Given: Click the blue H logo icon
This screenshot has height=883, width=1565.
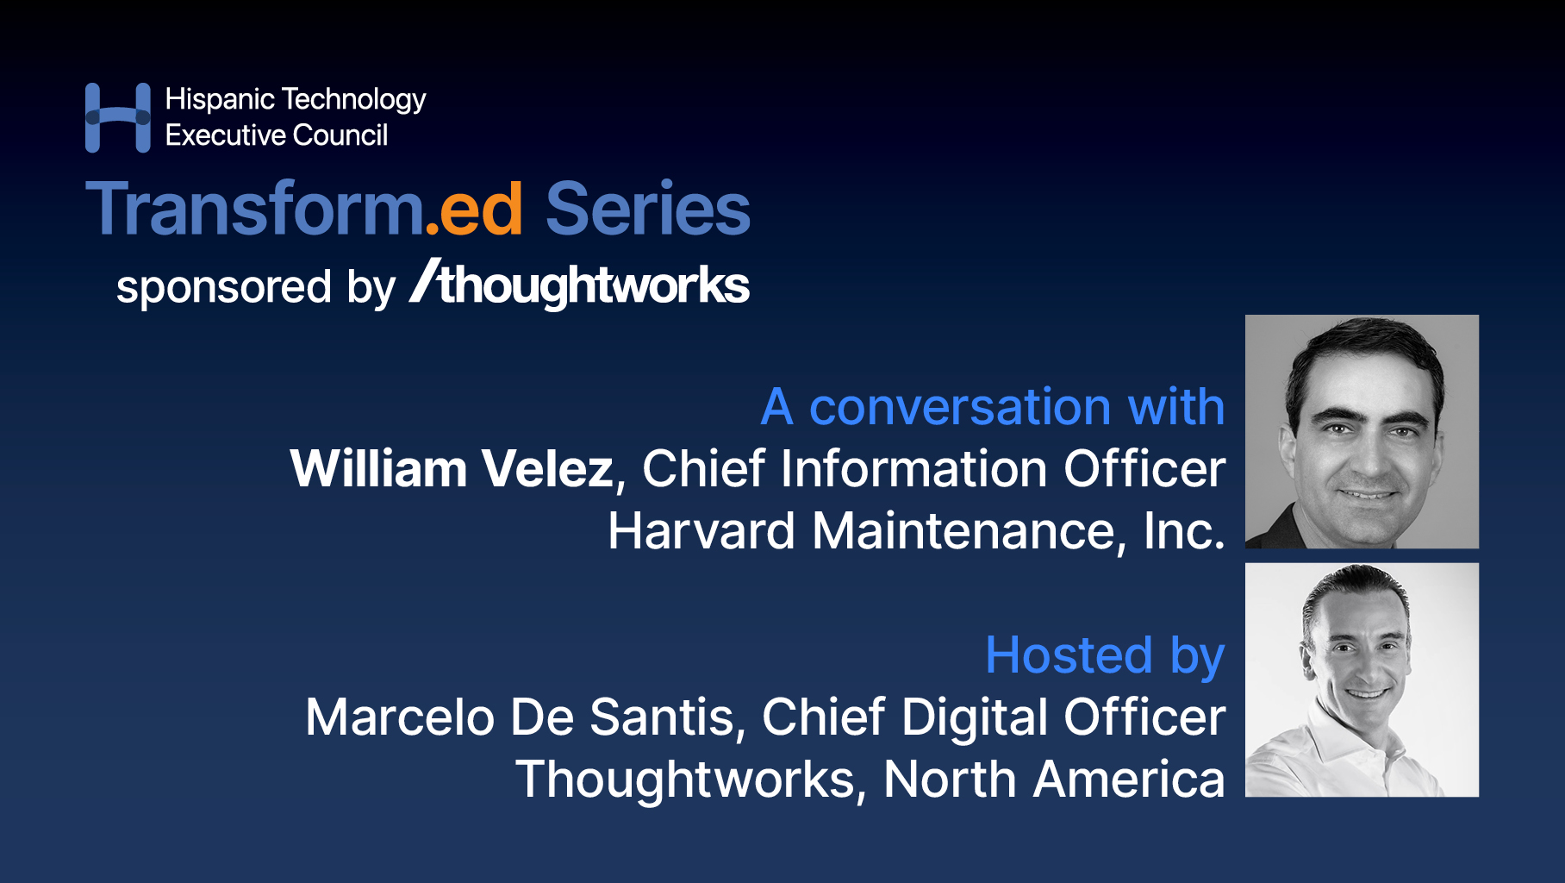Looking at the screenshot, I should (118, 117).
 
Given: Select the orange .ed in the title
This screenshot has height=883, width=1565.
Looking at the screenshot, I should (475, 210).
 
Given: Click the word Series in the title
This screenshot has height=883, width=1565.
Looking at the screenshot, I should (648, 210).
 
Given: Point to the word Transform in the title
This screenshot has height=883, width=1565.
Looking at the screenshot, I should (254, 210).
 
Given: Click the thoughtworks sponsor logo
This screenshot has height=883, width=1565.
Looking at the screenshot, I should (581, 284).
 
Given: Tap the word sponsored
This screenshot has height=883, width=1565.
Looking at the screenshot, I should (224, 287).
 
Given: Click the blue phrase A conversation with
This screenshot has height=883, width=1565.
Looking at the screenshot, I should (993, 406).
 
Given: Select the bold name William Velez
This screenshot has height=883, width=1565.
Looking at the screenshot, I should (452, 469).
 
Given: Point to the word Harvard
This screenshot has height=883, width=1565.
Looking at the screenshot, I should (701, 531).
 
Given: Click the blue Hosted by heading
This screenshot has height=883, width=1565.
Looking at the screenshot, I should (1105, 655).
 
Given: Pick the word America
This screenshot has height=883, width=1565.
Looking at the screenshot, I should (1129, 780).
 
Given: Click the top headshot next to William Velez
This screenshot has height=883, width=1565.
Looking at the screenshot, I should (1362, 431).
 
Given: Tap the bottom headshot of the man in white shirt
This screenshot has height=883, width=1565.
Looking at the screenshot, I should (1362, 679).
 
